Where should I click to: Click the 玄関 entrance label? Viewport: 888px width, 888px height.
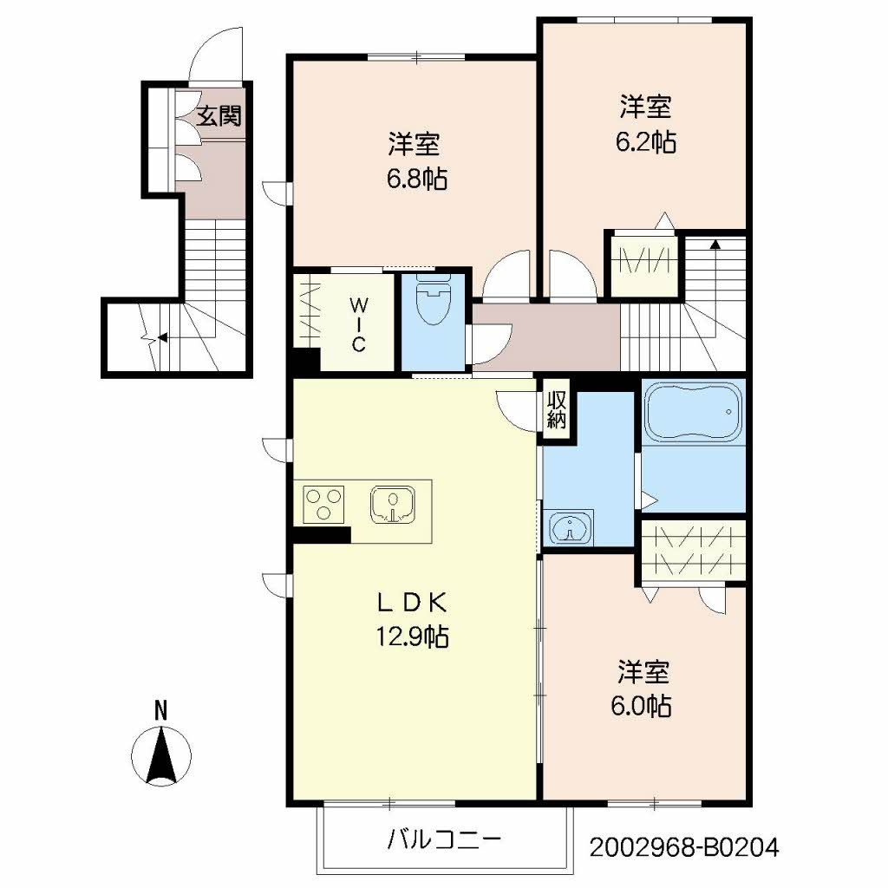point(217,115)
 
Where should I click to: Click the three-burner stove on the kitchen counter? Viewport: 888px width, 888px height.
point(323,504)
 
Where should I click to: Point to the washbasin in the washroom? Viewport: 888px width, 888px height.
point(569,527)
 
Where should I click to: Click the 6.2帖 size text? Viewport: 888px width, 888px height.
point(645,141)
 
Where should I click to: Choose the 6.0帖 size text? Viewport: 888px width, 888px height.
point(643,706)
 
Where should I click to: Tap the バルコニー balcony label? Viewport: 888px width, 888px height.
point(443,839)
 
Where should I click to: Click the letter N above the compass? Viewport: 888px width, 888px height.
point(160,709)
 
